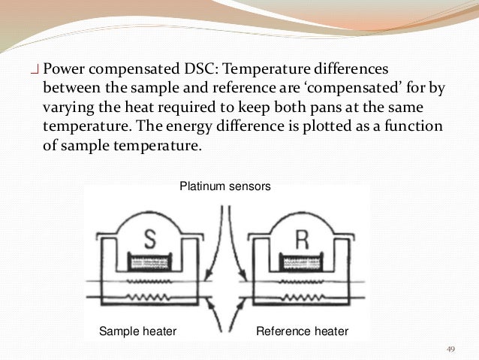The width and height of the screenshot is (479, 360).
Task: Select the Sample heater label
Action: coord(137,331)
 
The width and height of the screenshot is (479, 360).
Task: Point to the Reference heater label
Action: coord(303,331)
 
